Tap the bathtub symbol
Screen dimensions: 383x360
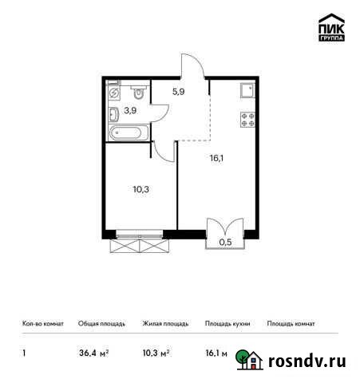coord(127,132)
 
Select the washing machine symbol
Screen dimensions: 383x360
coord(113,93)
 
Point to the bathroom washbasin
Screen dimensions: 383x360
coord(115,113)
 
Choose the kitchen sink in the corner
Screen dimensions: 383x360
coord(247,90)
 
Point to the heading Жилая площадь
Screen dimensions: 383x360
coord(166,324)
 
